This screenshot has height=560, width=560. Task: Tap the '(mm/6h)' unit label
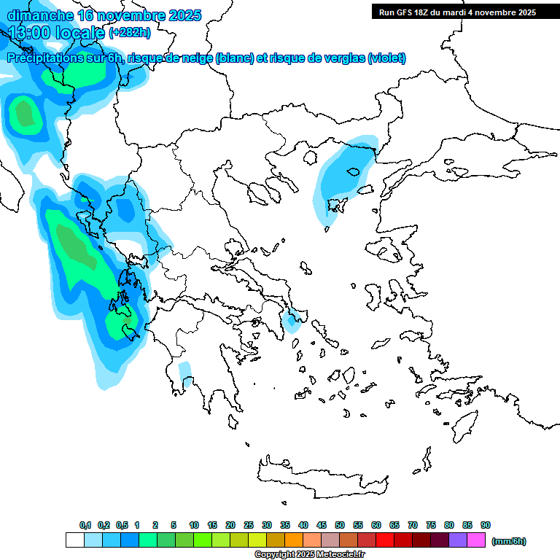pos(508,541)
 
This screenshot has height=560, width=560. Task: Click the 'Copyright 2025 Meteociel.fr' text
pos(309,555)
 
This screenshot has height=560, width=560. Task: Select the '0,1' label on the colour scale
pos(85,525)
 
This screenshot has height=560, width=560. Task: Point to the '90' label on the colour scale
pos(486,525)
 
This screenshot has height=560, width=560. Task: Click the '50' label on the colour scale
pos(340,525)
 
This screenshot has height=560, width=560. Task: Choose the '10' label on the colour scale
pos(194,525)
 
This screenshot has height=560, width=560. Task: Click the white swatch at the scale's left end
pos(74,540)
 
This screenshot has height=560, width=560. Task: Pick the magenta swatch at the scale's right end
pos(476,540)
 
